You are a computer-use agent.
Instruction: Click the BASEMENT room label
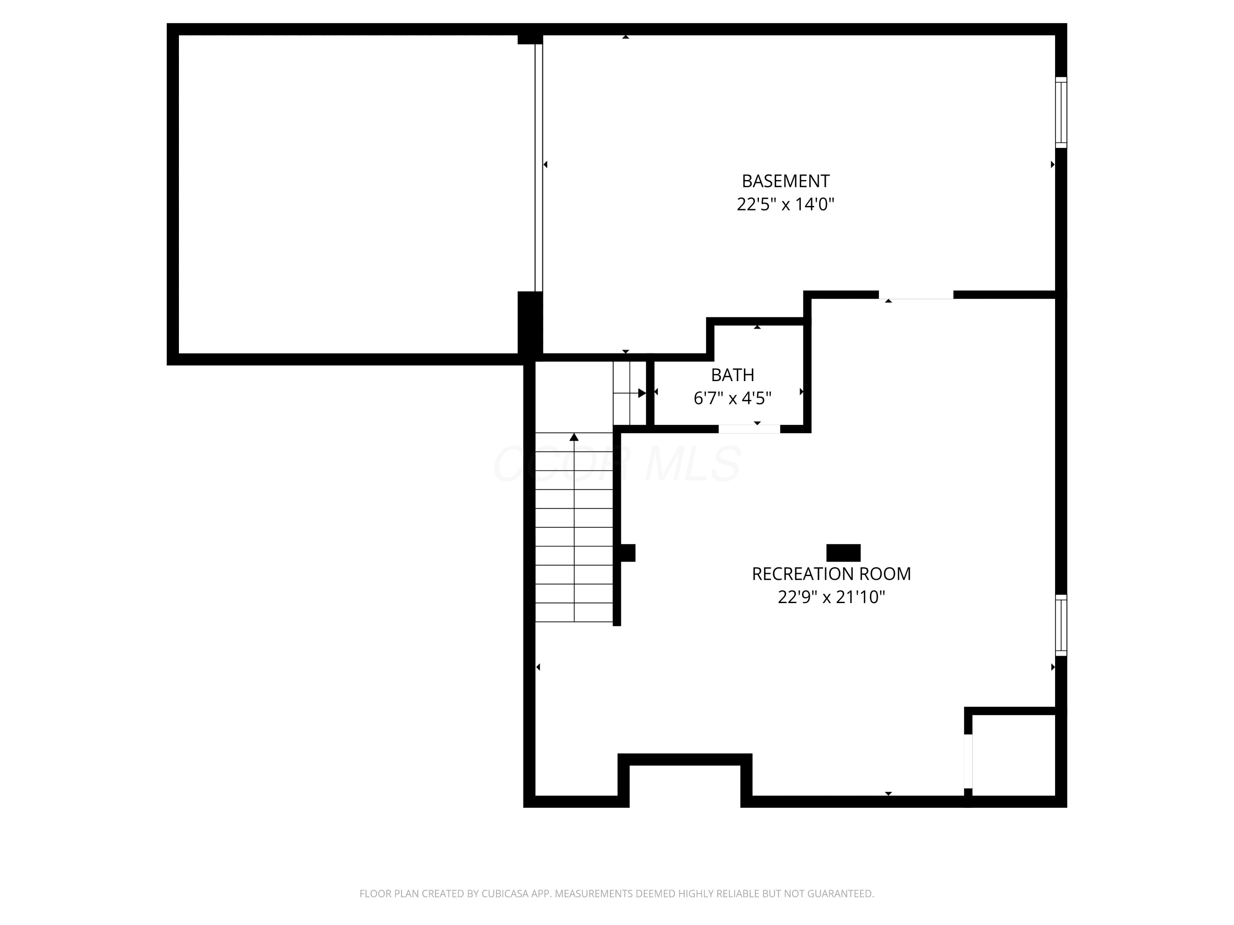click(x=786, y=181)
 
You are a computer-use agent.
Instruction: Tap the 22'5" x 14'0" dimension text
click(x=786, y=205)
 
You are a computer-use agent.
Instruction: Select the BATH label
click(x=733, y=375)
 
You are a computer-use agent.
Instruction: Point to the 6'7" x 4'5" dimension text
click(x=733, y=398)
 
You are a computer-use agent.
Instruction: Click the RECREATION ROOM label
click(x=831, y=574)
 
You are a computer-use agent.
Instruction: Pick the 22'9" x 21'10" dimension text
click(x=831, y=597)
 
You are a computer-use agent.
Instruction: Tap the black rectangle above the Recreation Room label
click(x=843, y=553)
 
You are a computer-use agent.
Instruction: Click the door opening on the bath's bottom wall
click(x=749, y=429)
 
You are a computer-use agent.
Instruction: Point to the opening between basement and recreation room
click(x=916, y=295)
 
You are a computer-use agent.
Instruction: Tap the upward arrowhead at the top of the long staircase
click(x=574, y=437)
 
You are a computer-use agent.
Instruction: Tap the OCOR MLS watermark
click(x=617, y=464)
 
